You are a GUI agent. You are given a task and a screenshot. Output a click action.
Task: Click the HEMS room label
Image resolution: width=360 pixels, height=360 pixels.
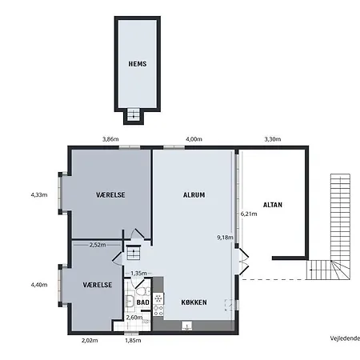point(138,64)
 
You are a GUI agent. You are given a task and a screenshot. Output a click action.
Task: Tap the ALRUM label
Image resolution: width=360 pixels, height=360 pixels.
point(194,195)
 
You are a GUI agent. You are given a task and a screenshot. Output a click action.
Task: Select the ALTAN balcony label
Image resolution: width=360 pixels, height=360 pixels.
point(273,204)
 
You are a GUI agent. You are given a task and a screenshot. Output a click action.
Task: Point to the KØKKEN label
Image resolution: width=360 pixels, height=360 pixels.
point(194,302)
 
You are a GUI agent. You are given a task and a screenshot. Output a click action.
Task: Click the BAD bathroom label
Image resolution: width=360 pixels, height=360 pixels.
point(142,302)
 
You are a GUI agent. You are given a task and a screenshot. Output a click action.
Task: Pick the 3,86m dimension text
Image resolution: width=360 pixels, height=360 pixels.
point(110,140)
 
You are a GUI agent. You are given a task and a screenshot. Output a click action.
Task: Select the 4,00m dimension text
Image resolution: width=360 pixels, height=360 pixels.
point(194,140)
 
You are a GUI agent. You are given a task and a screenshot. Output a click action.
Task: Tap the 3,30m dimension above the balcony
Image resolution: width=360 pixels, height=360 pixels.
point(273,140)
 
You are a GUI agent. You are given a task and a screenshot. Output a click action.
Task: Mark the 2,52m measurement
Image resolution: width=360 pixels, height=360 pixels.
point(98,245)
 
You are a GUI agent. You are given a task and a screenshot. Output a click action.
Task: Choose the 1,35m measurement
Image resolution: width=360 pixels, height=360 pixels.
point(138,274)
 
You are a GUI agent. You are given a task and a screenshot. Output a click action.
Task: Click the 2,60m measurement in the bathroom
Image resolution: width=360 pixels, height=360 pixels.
point(135,318)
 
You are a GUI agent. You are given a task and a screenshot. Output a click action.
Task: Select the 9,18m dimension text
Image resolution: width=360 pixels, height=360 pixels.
point(225,238)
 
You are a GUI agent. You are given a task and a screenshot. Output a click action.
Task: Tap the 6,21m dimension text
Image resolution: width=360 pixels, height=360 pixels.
point(250,214)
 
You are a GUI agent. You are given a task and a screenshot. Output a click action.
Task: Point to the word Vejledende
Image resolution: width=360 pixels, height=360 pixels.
point(344,338)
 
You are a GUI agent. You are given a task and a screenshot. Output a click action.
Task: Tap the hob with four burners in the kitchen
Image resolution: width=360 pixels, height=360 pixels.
point(158,306)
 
